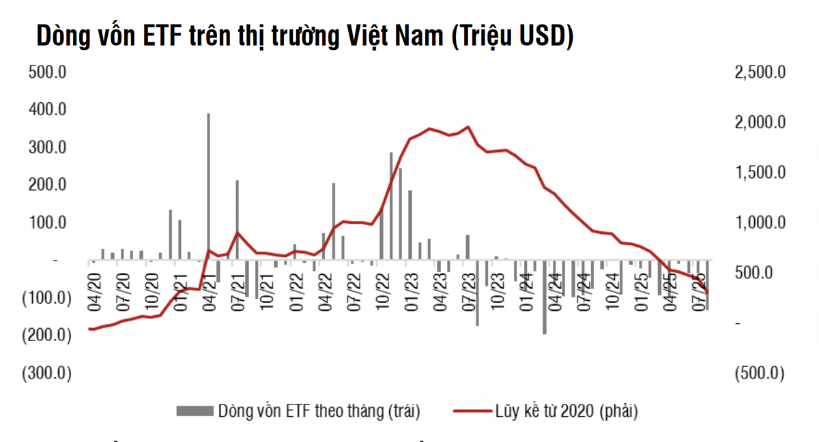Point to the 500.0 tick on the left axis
[x=46, y=72]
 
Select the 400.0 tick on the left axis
[x=46, y=109]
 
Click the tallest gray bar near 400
[x=208, y=184]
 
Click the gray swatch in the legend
[x=195, y=411]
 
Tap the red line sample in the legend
[x=472, y=411]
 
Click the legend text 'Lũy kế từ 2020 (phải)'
[x=567, y=411]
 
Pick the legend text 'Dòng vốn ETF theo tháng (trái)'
[x=319, y=411]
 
